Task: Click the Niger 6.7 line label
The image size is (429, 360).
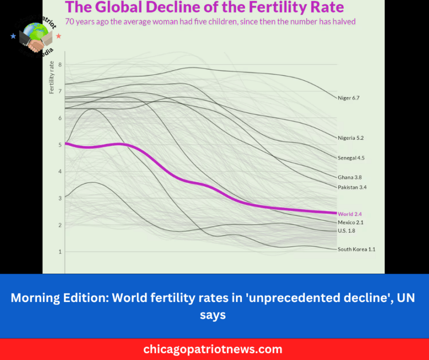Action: click(348, 98)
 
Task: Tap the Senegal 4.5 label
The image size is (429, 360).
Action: click(351, 158)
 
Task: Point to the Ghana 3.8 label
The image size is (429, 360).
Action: click(350, 177)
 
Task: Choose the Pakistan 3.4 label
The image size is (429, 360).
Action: click(352, 187)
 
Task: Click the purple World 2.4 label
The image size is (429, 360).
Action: click(350, 214)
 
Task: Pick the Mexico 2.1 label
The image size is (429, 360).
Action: click(351, 222)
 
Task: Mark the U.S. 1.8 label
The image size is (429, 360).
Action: click(348, 231)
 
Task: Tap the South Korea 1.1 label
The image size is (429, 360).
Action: click(356, 249)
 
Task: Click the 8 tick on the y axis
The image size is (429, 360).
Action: click(60, 65)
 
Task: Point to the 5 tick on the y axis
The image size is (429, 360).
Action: click(60, 145)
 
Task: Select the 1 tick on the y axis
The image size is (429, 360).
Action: click(60, 252)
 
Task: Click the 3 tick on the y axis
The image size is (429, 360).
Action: click(60, 198)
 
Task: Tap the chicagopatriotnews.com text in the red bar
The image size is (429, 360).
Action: click(213, 349)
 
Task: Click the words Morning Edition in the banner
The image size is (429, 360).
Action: click(58, 298)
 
